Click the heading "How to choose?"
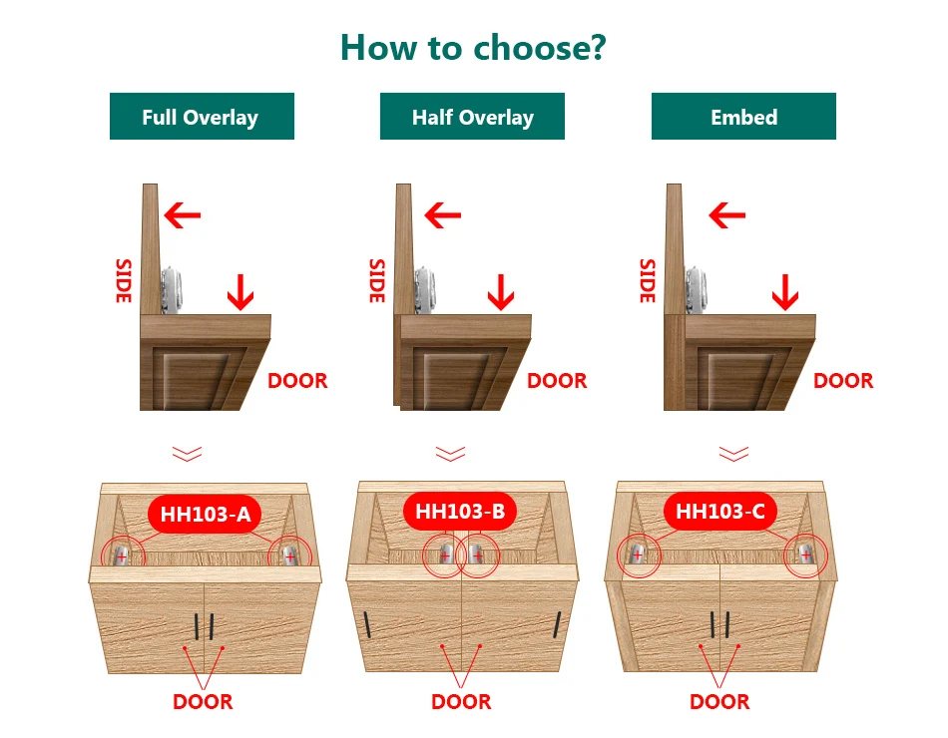473,47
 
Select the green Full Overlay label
201,117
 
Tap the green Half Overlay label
472,117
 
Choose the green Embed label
743,117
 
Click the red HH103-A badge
205,515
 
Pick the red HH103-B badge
460,513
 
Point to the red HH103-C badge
719,513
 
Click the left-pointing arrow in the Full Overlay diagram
183,213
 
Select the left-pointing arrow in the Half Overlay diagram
442,213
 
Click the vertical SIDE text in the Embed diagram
647,281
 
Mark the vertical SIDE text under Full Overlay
124,281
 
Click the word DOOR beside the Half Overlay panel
557,381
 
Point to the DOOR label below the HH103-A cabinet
203,702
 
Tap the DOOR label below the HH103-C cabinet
719,702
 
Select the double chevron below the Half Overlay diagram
450,454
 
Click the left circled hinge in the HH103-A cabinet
122,554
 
